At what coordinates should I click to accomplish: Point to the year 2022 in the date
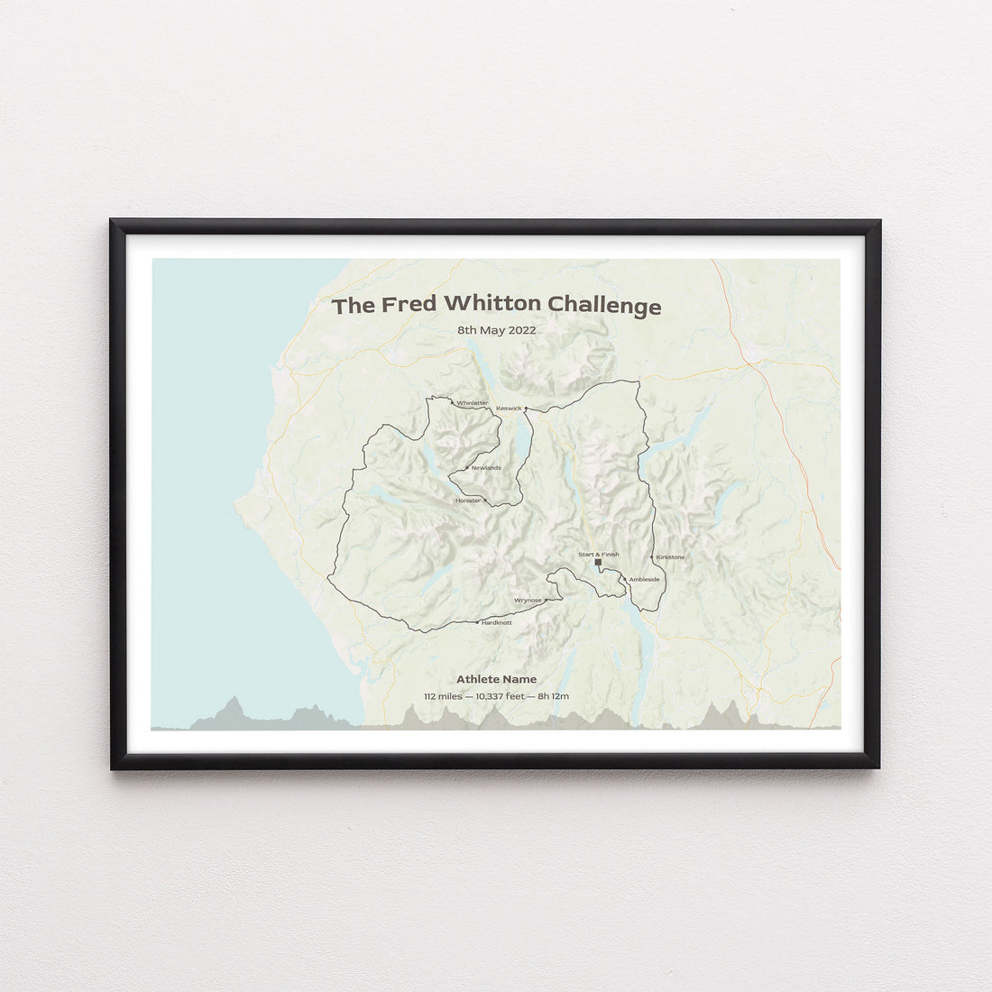pos(521,330)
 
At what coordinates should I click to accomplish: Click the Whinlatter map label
pos(473,402)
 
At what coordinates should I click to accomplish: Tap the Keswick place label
pos(509,408)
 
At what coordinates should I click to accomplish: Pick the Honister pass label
pos(468,500)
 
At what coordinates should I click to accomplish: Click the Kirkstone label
pos(670,556)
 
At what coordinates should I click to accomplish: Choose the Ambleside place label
pos(644,579)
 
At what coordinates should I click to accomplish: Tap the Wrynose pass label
pos(528,600)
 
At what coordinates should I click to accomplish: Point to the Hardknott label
pos(497,622)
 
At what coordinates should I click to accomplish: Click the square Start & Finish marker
pos(598,563)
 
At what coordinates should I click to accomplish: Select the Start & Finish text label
pos(598,554)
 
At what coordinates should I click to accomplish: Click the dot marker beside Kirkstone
pos(652,557)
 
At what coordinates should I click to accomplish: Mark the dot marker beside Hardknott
pos(478,622)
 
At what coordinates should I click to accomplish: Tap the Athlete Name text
pos(496,679)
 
